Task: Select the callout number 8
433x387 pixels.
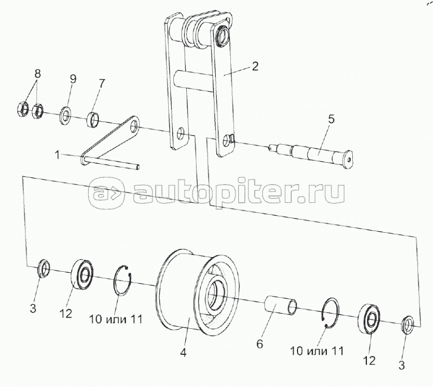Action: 38,73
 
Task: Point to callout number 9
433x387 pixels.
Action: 73,79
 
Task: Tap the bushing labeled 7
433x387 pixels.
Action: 94,120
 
